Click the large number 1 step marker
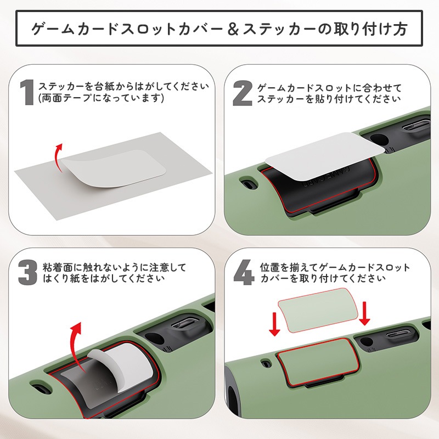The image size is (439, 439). (x=27, y=92)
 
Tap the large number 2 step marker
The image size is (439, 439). (x=243, y=92)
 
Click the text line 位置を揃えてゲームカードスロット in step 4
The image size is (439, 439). (x=335, y=268)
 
